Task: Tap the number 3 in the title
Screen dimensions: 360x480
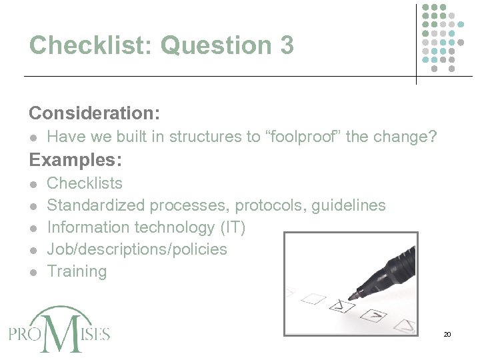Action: coord(283,45)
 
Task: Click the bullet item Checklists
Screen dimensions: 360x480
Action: coord(85,183)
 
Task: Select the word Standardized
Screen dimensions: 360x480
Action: coord(96,205)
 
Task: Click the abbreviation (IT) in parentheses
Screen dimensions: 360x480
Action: coord(232,227)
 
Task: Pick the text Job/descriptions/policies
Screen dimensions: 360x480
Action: coord(137,249)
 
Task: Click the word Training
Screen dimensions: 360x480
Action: coord(77,271)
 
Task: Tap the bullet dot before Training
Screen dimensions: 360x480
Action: coord(34,272)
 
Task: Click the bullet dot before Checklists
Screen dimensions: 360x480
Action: coord(34,184)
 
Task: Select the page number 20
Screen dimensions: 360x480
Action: coord(447,334)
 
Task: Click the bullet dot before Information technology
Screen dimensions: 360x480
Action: coord(34,228)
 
